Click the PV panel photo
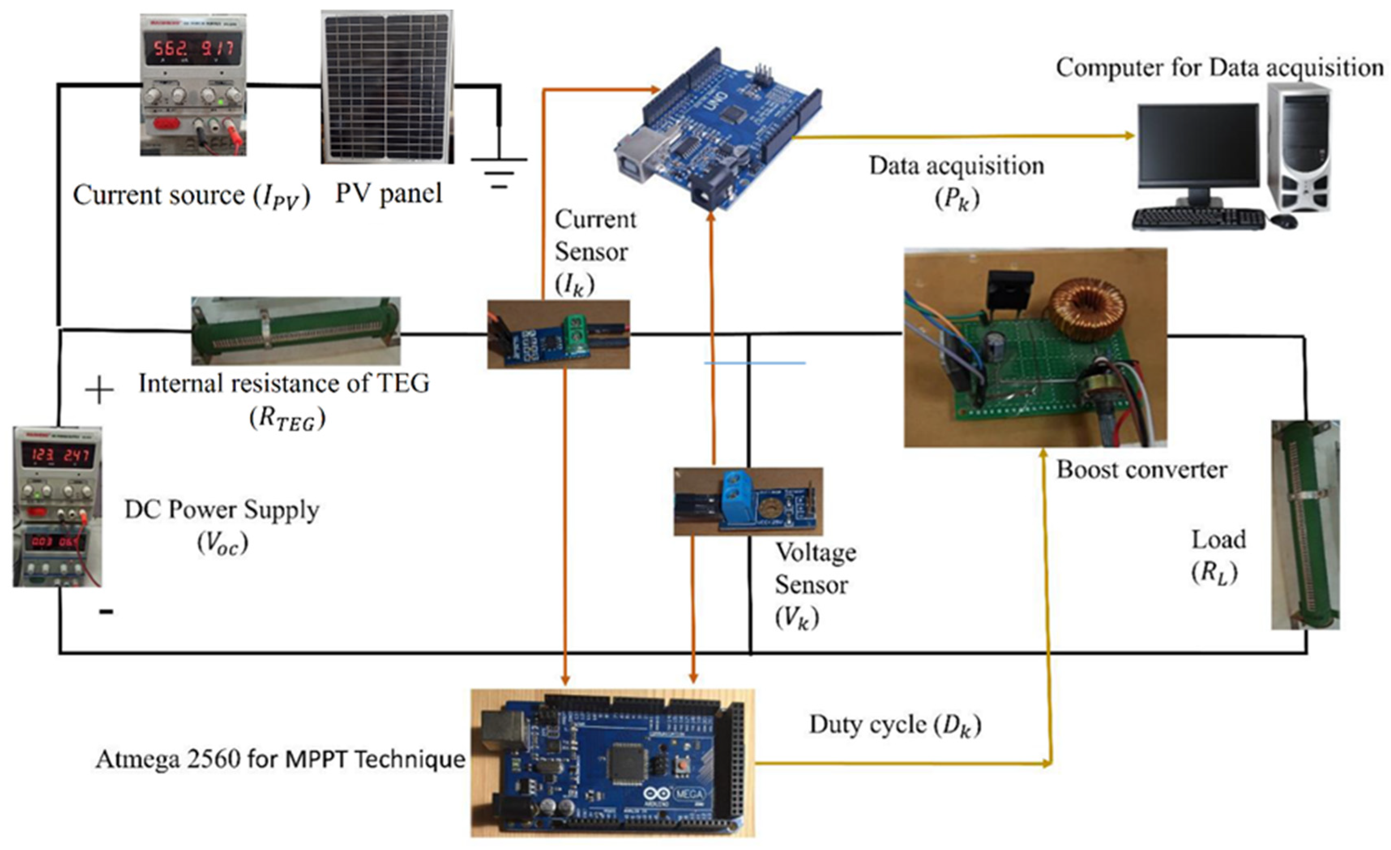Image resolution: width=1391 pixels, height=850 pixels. click(x=387, y=88)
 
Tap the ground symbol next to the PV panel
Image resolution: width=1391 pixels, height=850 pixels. click(x=499, y=169)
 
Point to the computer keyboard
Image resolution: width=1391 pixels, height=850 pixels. click(x=1198, y=218)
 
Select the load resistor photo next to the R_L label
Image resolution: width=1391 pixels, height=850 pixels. click(x=1305, y=524)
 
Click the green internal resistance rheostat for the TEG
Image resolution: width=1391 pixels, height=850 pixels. click(x=296, y=331)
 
